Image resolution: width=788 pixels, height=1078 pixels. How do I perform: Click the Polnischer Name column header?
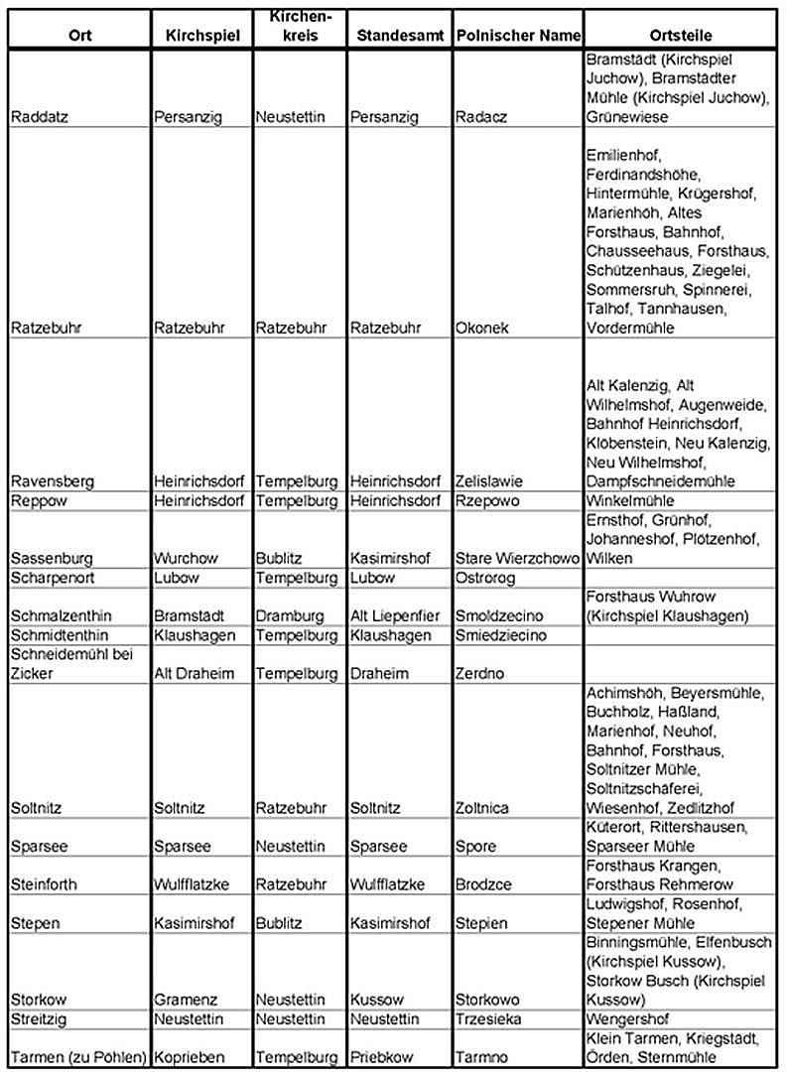pos(517,36)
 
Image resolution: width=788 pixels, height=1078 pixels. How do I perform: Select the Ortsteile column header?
pos(684,36)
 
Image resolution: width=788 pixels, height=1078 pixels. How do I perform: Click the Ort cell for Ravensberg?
pos(53,481)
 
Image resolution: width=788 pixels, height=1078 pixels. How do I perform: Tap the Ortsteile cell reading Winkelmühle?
pos(630,500)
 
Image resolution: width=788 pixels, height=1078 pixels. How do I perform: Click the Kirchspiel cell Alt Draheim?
pos(195,673)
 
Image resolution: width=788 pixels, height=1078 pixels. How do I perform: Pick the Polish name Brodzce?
pos(482,884)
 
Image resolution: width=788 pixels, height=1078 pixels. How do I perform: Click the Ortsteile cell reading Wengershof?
pos(628,1018)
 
